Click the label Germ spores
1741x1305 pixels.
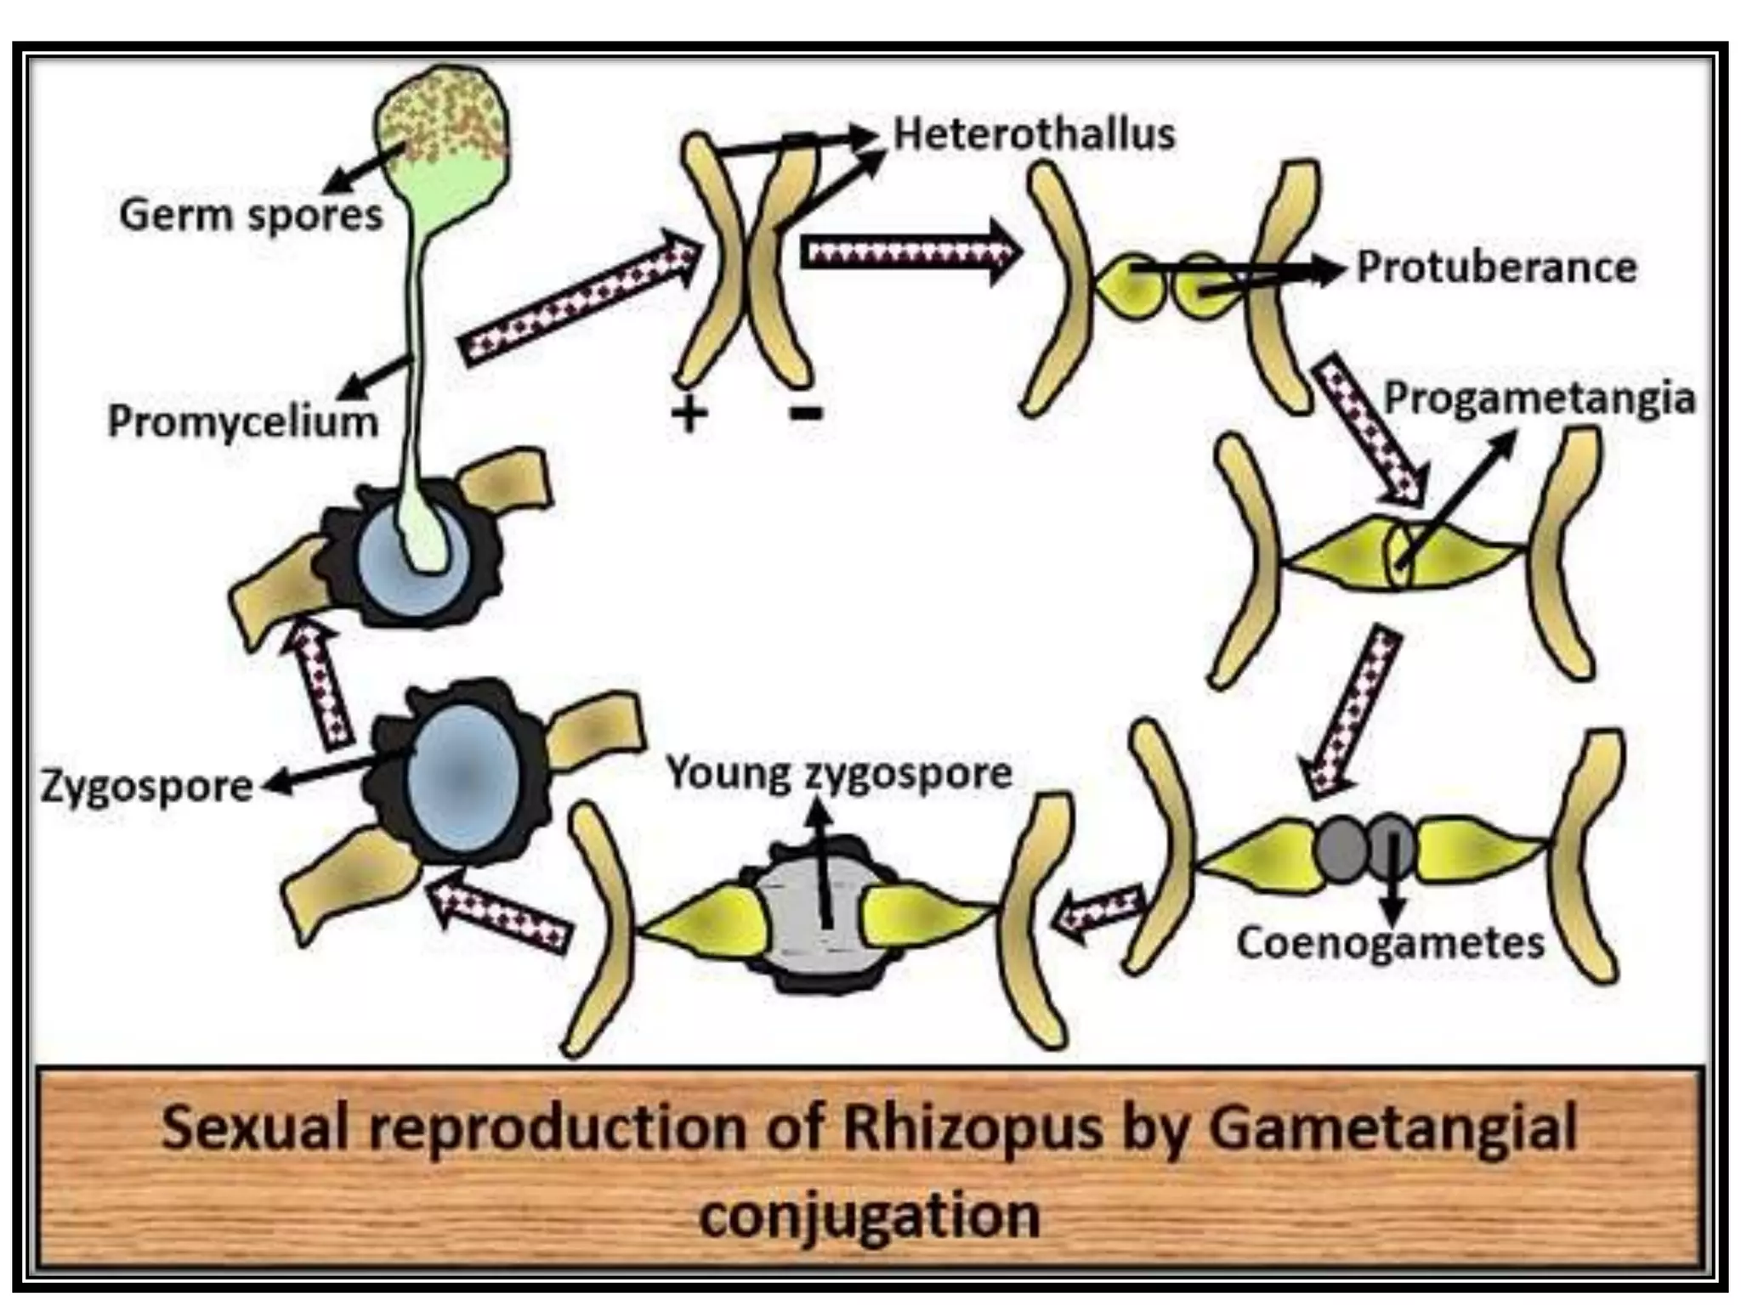252,214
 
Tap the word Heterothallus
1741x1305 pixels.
1034,134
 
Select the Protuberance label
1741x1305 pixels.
1496,267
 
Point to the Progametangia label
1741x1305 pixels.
1540,398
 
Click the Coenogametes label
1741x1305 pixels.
1390,943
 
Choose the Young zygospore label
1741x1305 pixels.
839,773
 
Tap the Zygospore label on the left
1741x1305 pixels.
147,787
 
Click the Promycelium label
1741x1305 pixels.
243,421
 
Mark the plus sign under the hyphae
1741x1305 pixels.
689,415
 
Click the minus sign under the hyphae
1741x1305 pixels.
806,414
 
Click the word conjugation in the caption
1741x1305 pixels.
870,1216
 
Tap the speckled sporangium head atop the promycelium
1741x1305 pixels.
442,115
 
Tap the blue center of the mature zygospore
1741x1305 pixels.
463,777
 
